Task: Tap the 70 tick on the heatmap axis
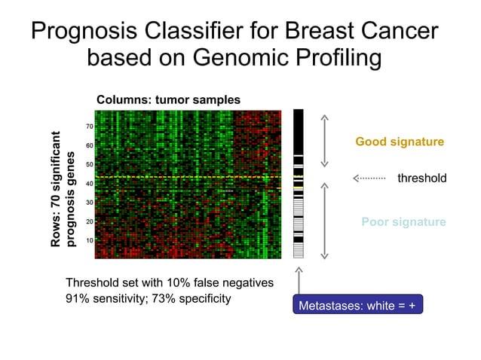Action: (x=88, y=126)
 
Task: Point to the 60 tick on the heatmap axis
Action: (x=88, y=145)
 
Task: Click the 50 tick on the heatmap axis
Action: (x=88, y=164)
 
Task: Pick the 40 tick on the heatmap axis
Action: (x=88, y=184)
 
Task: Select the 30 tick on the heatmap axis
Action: (x=88, y=203)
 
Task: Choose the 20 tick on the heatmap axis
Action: (x=88, y=221)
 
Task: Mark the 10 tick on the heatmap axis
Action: (x=88, y=240)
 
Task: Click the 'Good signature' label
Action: (x=400, y=142)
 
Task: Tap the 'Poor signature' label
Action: (x=403, y=222)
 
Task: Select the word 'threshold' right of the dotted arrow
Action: (x=421, y=178)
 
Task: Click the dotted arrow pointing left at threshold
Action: (x=369, y=178)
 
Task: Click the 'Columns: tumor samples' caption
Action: (x=168, y=99)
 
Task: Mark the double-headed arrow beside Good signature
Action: (x=325, y=141)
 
